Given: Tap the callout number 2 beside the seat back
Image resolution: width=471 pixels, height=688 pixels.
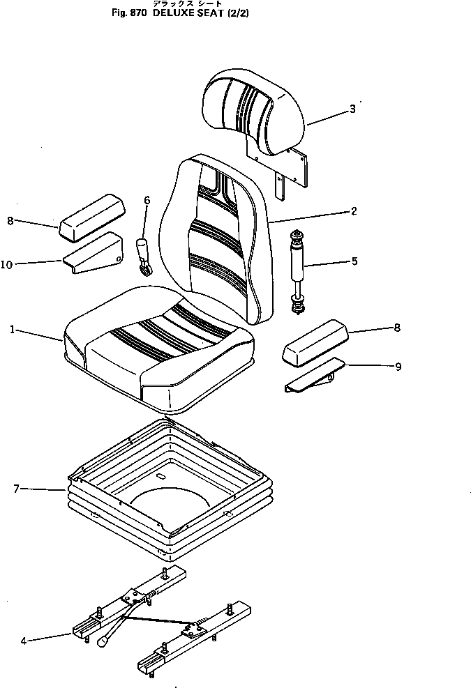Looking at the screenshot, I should pos(354,211).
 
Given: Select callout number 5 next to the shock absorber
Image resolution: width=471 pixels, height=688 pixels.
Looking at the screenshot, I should pos(354,262).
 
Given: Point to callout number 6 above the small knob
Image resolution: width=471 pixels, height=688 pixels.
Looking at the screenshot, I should pos(147,200).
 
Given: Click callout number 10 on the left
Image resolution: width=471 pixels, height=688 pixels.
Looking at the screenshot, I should pos(6,264).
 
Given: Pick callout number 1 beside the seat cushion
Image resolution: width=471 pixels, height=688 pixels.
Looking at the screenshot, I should pos(13,329).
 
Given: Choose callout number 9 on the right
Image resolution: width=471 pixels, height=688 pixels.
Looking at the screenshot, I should pos(398,366).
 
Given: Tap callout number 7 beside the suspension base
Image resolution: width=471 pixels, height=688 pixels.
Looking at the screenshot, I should pos(15,489).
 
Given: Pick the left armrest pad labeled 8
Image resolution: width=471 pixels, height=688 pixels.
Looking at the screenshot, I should pos(91,215).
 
